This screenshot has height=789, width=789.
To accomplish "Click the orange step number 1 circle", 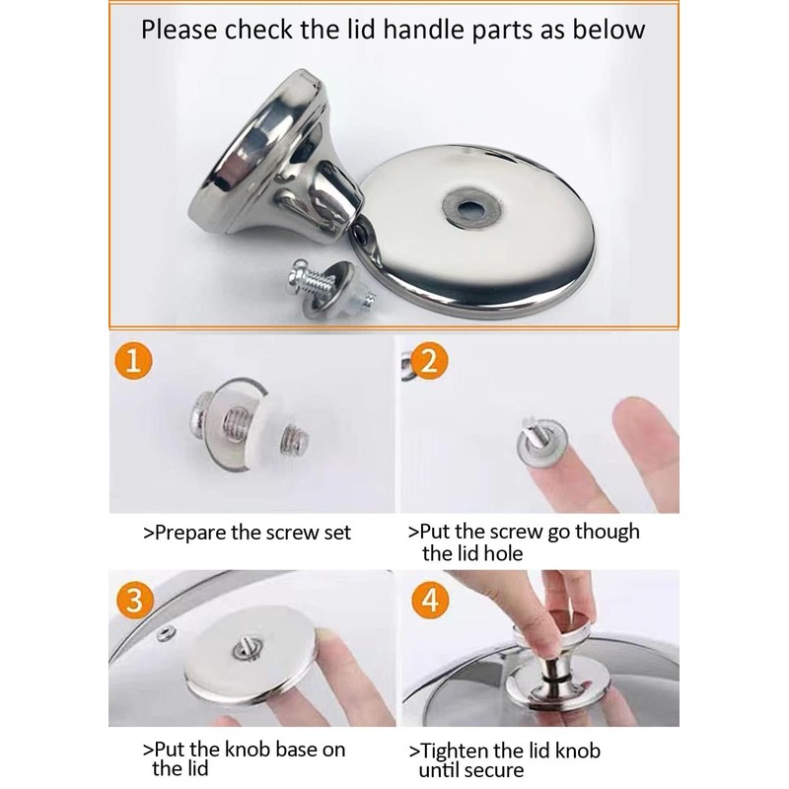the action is (133, 360).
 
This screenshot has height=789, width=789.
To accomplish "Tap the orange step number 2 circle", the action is (429, 360).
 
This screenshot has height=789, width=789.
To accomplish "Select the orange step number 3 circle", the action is (134, 601).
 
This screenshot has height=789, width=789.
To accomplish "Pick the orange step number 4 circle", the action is (430, 601).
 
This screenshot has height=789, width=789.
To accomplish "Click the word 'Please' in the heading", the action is (179, 30).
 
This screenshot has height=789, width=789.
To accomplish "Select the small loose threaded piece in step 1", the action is (295, 439).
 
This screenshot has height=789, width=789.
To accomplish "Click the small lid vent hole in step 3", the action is (166, 632).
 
